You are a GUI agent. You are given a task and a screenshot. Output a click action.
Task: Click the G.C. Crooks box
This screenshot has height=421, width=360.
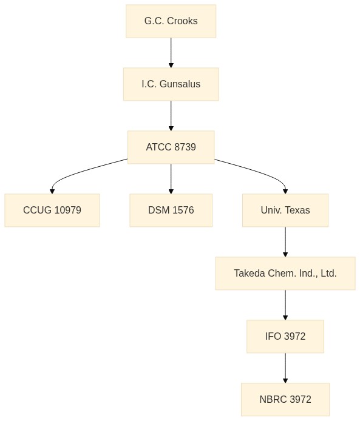(x=171, y=21)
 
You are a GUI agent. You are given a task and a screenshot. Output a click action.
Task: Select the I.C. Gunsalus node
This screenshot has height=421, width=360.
(x=171, y=84)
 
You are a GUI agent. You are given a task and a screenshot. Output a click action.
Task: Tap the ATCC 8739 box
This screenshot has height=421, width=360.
(x=171, y=147)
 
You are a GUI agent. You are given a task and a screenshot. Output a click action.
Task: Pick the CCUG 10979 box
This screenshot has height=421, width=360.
(x=52, y=210)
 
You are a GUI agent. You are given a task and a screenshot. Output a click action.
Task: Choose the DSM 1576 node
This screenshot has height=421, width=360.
(x=171, y=210)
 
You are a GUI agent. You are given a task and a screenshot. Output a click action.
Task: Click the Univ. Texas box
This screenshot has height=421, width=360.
(x=285, y=210)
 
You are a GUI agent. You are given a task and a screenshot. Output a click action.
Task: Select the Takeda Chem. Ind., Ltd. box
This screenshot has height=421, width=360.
(x=285, y=274)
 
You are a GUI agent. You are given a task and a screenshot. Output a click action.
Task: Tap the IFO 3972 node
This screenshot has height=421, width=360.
(x=285, y=337)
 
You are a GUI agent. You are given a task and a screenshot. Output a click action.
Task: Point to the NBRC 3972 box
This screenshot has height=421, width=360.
(x=285, y=400)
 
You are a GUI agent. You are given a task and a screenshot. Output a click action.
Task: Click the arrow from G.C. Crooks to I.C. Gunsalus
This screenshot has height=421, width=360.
(x=171, y=53)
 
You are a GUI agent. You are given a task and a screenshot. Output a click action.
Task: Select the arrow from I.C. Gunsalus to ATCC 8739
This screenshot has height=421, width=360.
(x=171, y=116)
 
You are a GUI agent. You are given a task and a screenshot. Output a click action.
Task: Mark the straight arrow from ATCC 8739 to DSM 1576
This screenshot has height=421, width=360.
(x=171, y=179)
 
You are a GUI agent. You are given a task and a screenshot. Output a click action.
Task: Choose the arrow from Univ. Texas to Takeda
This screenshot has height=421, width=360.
(x=285, y=242)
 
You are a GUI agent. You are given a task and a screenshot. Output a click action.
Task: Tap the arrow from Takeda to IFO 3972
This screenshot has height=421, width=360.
(x=285, y=305)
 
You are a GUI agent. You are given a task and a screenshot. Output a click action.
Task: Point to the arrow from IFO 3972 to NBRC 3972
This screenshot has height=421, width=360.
(x=285, y=368)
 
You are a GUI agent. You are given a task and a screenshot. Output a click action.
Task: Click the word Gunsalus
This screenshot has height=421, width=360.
(x=180, y=84)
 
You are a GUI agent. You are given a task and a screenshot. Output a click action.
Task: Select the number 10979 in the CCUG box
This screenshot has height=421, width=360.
(x=67, y=210)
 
